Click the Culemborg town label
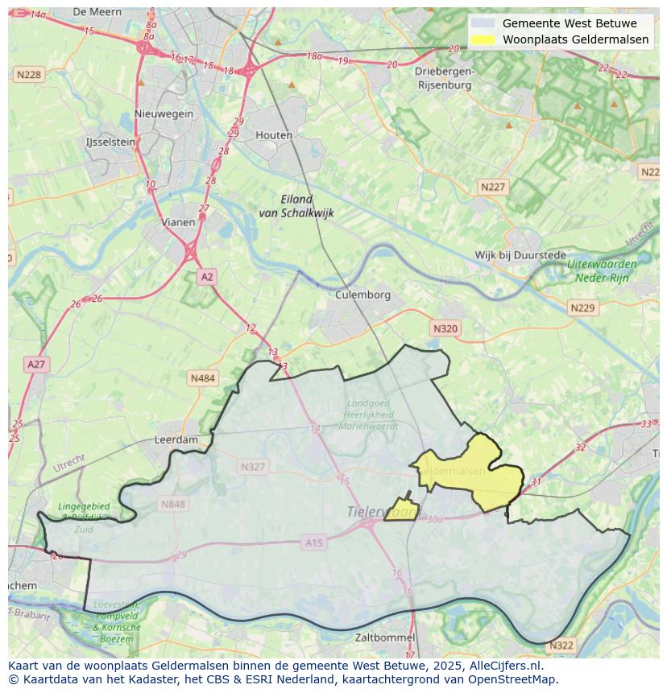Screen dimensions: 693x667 [x=362, y=295]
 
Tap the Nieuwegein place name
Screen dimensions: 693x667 [x=164, y=113]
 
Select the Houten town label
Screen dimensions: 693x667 [x=274, y=135]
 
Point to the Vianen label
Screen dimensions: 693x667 [x=178, y=222]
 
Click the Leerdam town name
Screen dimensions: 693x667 [x=176, y=440]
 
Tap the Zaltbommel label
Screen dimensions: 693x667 [x=385, y=637]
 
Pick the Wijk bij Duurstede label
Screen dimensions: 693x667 [x=520, y=255]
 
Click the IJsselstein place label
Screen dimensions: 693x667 [x=110, y=142]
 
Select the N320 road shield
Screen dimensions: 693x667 [x=445, y=328]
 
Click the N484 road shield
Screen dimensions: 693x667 [x=203, y=377]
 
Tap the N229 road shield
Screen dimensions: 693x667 [x=582, y=308]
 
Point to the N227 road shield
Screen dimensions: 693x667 [x=493, y=187]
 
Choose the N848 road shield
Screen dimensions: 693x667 [x=172, y=504]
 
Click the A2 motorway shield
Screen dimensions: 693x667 [x=207, y=277]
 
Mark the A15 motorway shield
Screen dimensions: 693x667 [x=314, y=543]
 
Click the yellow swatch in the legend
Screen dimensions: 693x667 [x=483, y=39]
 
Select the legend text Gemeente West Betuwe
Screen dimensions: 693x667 [x=570, y=23]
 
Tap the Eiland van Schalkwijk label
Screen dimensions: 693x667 [x=296, y=206]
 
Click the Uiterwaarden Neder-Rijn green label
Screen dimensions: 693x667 [x=601, y=270]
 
